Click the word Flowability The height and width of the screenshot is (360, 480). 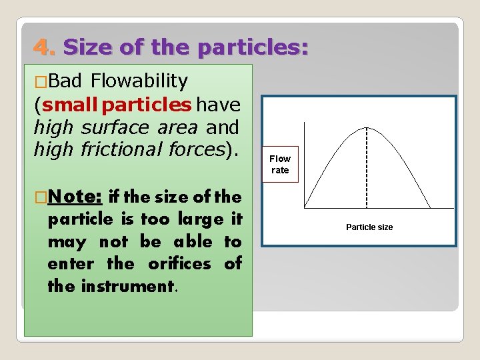point(139,81)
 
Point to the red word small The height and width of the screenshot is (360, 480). point(69,105)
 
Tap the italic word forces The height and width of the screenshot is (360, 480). point(195,149)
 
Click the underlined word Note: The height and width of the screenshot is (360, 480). point(75,197)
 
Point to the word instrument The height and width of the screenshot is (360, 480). point(127,286)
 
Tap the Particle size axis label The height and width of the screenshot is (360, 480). point(369,227)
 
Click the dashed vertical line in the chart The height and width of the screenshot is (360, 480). point(367,167)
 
